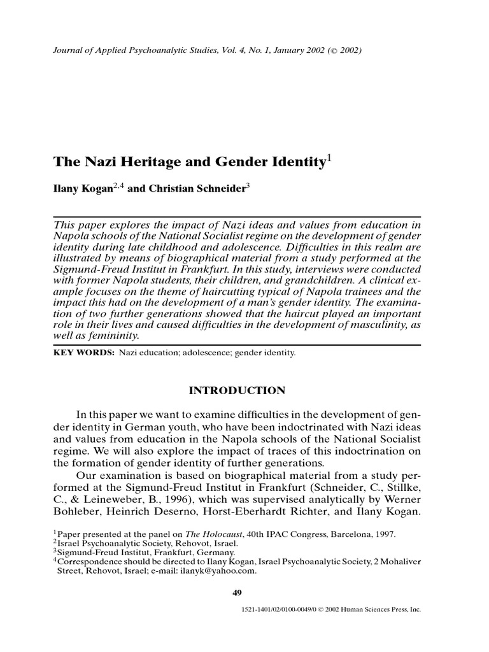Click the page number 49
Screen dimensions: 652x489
point(238,593)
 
